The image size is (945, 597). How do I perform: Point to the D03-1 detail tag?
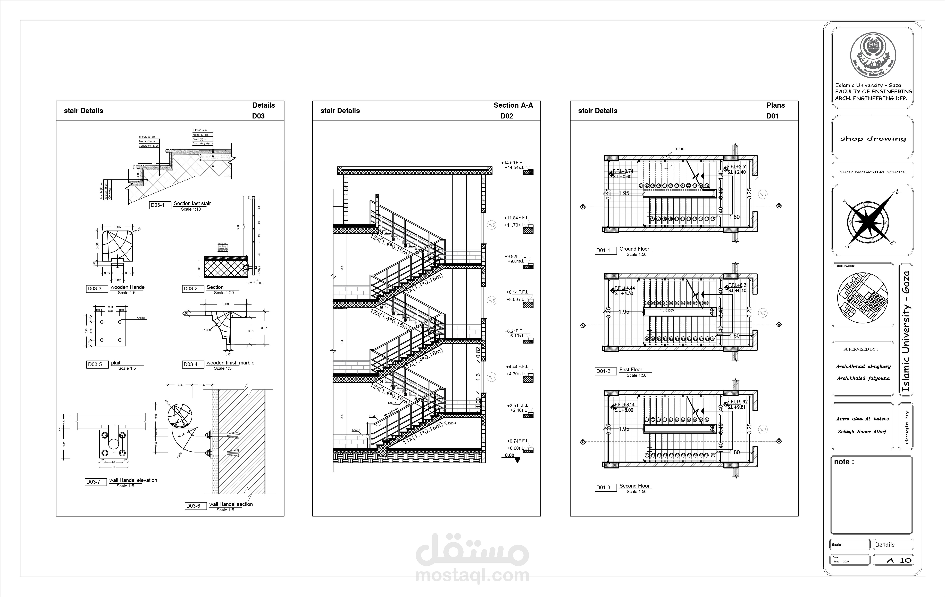pos(157,205)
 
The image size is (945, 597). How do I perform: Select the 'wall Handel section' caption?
pos(231,504)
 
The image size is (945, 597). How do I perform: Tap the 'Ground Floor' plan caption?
pos(634,249)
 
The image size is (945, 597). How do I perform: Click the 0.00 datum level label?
pos(509,456)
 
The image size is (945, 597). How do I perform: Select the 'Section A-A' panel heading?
pos(513,105)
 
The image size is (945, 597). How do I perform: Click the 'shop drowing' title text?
pos(873,139)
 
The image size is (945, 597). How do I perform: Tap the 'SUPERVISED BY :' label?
pos(860,349)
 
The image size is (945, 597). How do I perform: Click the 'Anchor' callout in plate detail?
pos(141,318)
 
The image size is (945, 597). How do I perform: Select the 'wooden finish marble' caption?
pos(230,363)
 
